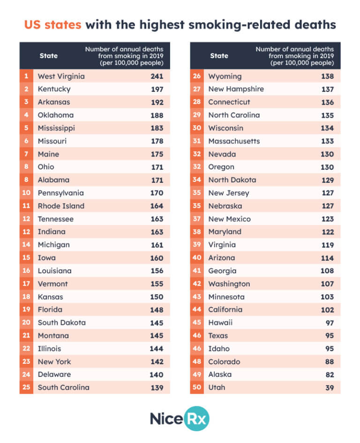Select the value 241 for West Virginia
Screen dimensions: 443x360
click(157, 76)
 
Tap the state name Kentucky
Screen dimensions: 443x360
click(54, 89)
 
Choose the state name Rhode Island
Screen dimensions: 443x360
click(61, 206)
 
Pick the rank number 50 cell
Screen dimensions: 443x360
click(197, 388)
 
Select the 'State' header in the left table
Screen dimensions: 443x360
click(49, 56)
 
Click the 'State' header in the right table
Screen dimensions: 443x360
click(219, 56)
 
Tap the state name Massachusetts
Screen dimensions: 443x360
click(234, 141)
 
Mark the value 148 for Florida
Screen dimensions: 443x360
click(157, 310)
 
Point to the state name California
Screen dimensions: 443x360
click(225, 310)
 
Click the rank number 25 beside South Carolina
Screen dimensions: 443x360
click(26, 388)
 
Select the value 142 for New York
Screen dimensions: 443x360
click(157, 362)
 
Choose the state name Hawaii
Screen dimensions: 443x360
click(220, 323)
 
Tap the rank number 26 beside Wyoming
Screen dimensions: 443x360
click(197, 76)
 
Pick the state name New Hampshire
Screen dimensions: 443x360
click(236, 89)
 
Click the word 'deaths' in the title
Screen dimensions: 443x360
click(316, 23)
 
